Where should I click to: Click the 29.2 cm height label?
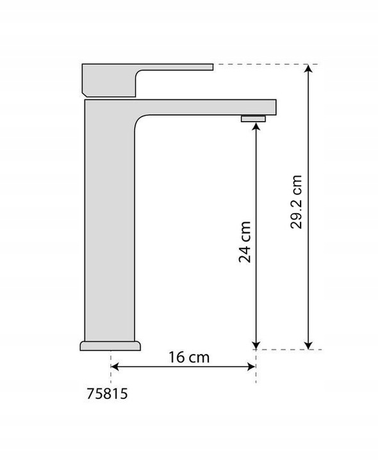pyautogui.click(x=296, y=202)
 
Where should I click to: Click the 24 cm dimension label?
pyautogui.click(x=245, y=241)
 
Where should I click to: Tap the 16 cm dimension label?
pyautogui.click(x=189, y=357)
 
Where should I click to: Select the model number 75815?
pyautogui.click(x=107, y=393)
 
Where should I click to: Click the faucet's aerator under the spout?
pyautogui.click(x=253, y=119)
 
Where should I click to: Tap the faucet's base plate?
pyautogui.click(x=110, y=346)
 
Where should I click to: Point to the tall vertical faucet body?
pyautogui.click(x=110, y=220)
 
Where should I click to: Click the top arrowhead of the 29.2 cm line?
pyautogui.click(x=308, y=68)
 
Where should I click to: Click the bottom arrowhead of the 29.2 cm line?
pyautogui.click(x=308, y=346)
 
